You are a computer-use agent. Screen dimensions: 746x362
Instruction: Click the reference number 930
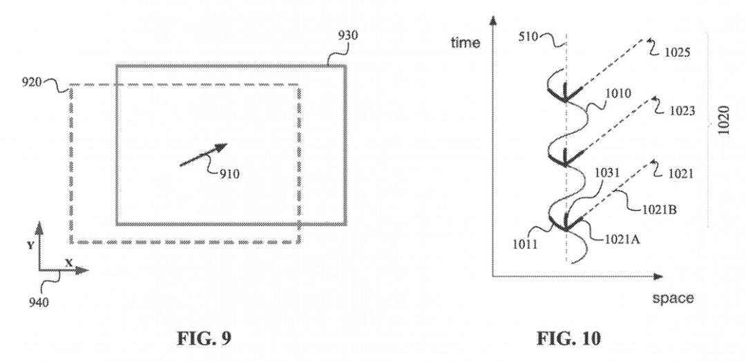(x=347, y=35)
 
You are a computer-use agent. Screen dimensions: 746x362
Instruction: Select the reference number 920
(x=31, y=82)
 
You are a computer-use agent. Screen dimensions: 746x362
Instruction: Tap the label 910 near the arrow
(x=229, y=175)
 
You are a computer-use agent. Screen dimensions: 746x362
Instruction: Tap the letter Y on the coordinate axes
(x=30, y=245)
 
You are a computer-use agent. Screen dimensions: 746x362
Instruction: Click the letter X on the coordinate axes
(x=68, y=263)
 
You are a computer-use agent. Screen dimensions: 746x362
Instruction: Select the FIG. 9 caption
(x=204, y=339)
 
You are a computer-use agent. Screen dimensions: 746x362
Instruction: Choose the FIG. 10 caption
(x=568, y=339)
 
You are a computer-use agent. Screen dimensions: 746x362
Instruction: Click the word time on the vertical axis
(x=466, y=43)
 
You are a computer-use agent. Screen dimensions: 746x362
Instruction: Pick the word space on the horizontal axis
(x=673, y=298)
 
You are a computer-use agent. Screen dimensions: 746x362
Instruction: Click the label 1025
(x=677, y=53)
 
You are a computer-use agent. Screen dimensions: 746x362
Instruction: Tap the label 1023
(x=682, y=111)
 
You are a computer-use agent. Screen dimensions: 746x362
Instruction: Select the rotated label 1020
(x=723, y=120)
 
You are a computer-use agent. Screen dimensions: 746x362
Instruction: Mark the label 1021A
(x=622, y=240)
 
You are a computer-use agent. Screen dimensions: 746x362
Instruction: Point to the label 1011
(x=525, y=245)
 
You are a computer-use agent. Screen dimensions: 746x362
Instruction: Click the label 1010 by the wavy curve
(x=618, y=93)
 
